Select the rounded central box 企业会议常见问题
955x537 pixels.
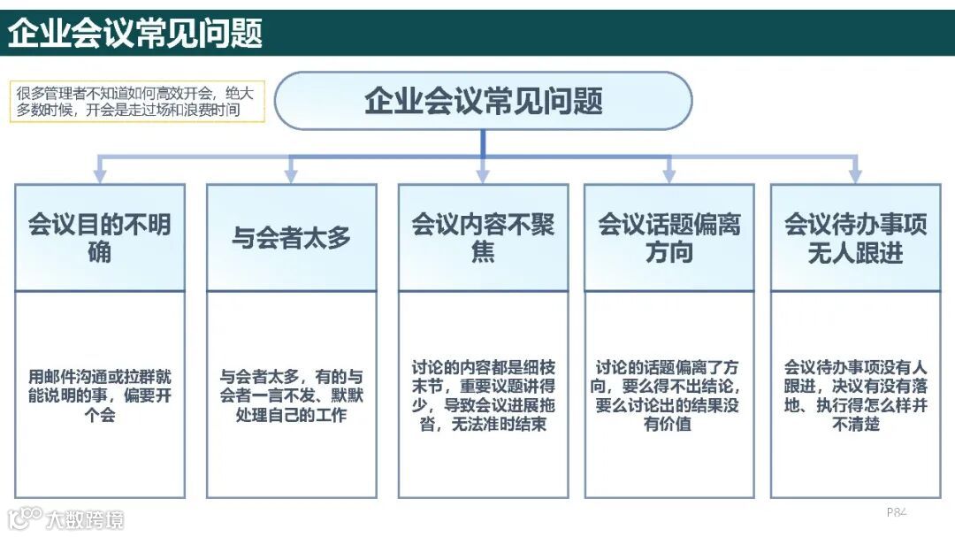(x=483, y=101)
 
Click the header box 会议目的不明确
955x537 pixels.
(x=100, y=237)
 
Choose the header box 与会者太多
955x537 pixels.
(x=291, y=237)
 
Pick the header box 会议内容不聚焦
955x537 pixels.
(x=483, y=237)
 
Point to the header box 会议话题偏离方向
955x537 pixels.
(x=668, y=237)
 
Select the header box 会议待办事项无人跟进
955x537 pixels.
(x=855, y=237)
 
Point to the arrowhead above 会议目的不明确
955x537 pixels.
(x=100, y=175)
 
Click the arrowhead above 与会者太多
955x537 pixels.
(x=291, y=175)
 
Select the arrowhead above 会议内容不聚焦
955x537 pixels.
(x=483, y=175)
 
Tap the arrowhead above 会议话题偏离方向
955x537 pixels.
(x=668, y=175)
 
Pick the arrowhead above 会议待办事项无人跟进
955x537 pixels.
(x=855, y=175)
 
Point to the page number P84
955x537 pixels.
(x=897, y=511)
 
